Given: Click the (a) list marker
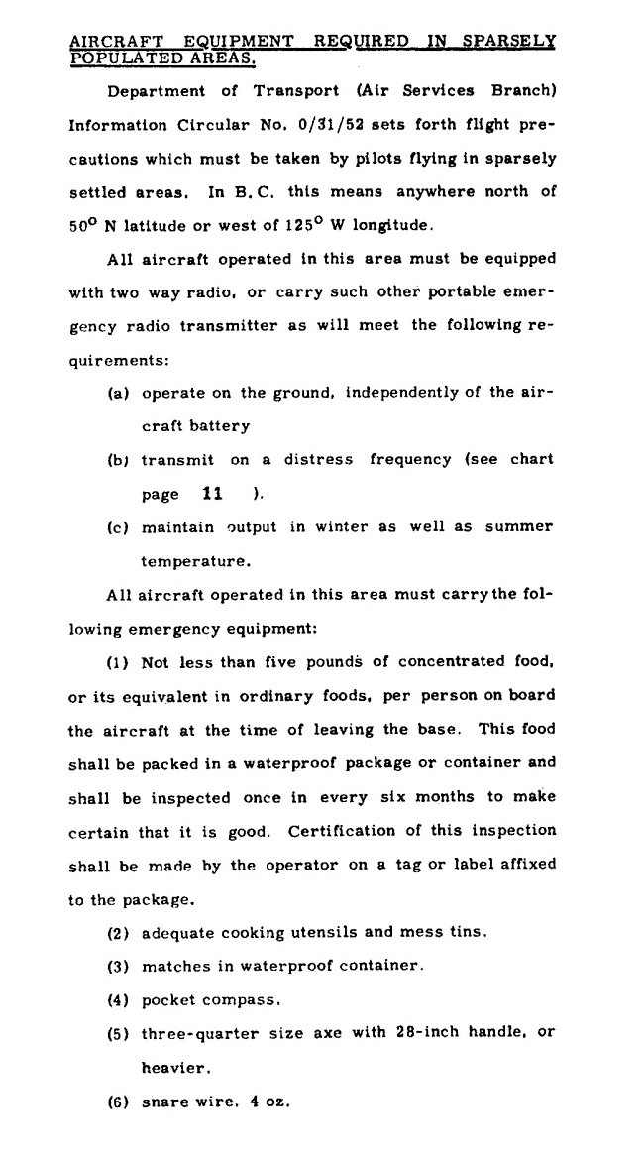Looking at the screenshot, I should click(x=119, y=393).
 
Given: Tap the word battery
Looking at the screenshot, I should click(x=217, y=425).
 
